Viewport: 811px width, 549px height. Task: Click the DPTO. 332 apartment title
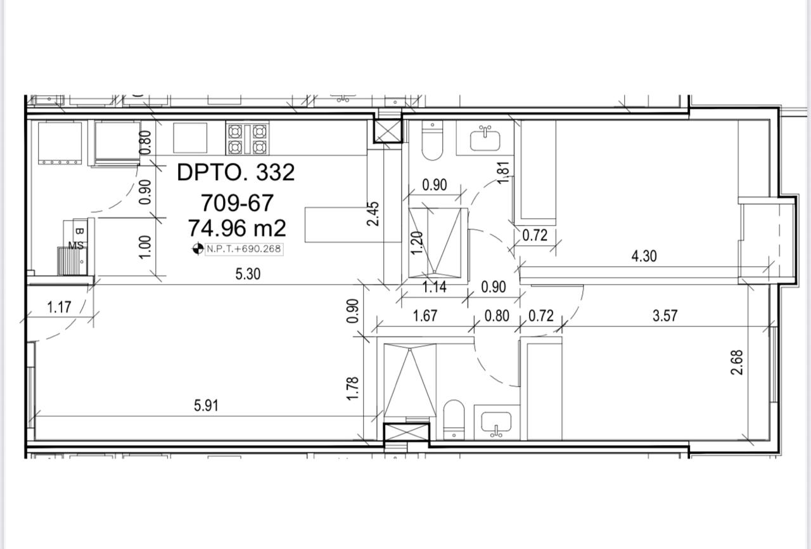pyautogui.click(x=236, y=172)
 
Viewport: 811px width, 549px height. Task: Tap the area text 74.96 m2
pyautogui.click(x=237, y=228)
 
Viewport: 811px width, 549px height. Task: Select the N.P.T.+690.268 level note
pyautogui.click(x=244, y=249)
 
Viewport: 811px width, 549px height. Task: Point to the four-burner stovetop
pyautogui.click(x=248, y=139)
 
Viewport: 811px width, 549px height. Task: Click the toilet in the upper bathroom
pyautogui.click(x=432, y=141)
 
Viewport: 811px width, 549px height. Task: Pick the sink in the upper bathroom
pyautogui.click(x=485, y=139)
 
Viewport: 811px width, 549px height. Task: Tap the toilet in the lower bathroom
pyautogui.click(x=454, y=419)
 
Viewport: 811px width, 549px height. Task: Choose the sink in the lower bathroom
pyautogui.click(x=496, y=423)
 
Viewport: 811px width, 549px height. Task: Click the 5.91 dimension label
pyautogui.click(x=206, y=406)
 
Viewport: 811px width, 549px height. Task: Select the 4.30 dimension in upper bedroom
pyautogui.click(x=644, y=256)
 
